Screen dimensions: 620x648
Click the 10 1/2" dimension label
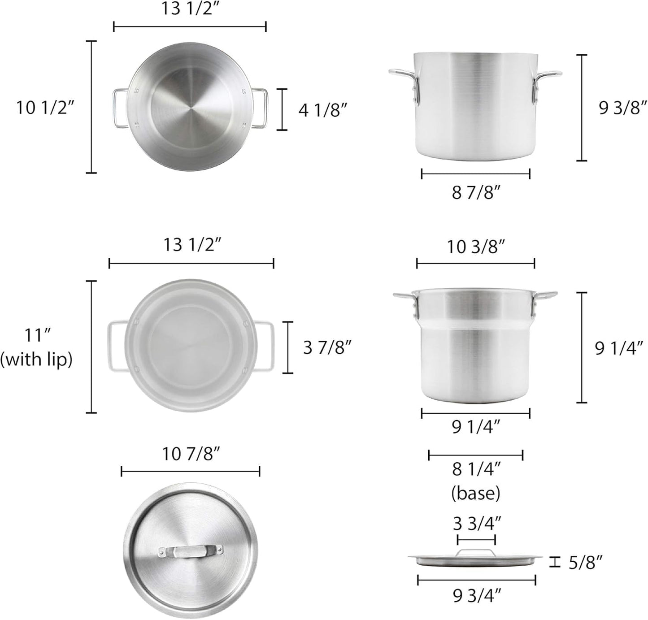point(45,108)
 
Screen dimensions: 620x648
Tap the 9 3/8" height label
point(623,108)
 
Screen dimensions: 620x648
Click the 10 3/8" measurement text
point(476,247)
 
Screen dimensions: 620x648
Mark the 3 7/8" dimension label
point(327,347)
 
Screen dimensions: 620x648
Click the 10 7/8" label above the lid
point(191,454)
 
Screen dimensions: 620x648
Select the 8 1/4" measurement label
point(476,469)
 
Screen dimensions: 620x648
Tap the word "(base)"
point(476,493)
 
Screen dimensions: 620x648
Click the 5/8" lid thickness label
point(585,562)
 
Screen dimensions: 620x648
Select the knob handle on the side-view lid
point(476,553)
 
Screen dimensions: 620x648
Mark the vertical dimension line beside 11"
point(91,347)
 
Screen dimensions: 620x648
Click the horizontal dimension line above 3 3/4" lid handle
point(476,538)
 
